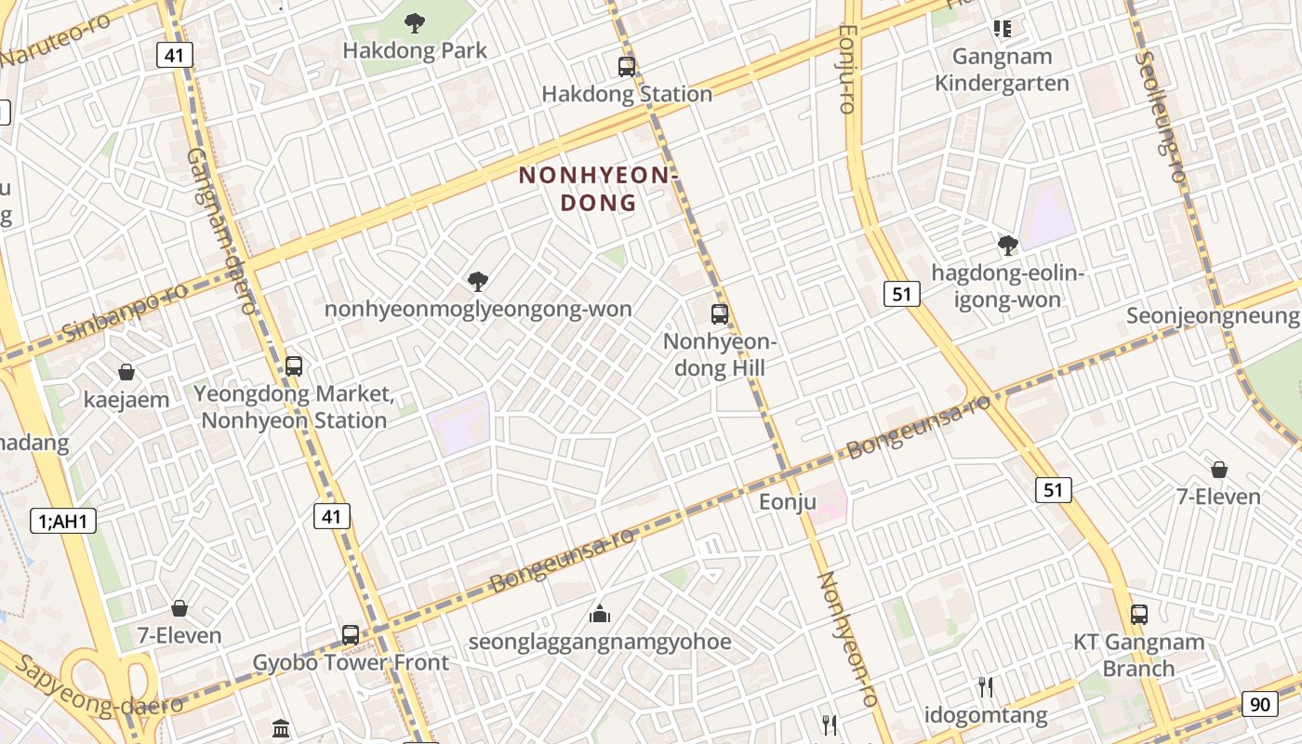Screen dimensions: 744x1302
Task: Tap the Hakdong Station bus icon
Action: tap(626, 66)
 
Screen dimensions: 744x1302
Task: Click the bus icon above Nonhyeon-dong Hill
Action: tap(719, 313)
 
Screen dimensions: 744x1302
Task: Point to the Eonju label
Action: tap(787, 503)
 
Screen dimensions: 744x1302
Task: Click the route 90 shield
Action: tap(1259, 704)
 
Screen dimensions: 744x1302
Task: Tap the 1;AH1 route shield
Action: tap(63, 521)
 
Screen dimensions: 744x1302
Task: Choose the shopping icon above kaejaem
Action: tap(126, 372)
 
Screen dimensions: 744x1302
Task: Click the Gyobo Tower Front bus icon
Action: tap(351, 634)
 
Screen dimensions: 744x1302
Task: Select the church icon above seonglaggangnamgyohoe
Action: tap(600, 614)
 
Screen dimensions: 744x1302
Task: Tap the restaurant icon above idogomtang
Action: tap(986, 687)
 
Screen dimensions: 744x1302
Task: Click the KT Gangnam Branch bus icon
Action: tap(1138, 614)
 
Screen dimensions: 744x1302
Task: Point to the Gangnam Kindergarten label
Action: tap(1002, 70)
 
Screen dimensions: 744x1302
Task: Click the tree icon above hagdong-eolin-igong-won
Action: tap(1007, 246)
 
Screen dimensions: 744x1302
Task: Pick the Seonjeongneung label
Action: tap(1212, 316)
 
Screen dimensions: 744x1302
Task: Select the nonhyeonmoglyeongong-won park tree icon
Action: tap(478, 281)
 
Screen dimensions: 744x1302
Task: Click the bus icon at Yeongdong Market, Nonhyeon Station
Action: tap(294, 365)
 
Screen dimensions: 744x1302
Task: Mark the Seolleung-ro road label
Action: tap(1161, 116)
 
